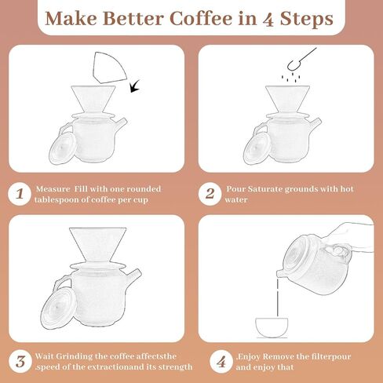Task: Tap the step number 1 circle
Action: point(18,194)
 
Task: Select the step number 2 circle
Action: point(209,194)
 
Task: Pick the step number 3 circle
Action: point(18,362)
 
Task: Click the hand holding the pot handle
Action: point(345,243)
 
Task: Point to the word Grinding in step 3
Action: point(78,356)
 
